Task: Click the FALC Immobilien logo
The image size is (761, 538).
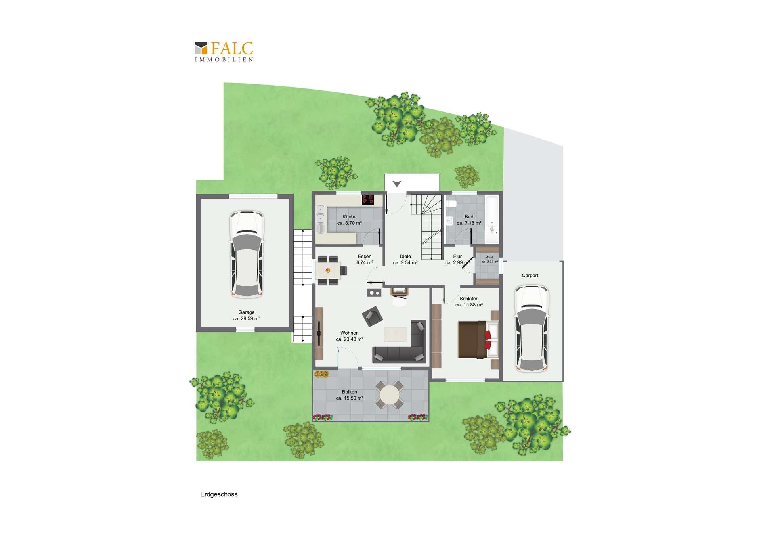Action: (x=224, y=52)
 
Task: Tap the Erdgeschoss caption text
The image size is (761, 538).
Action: (x=219, y=494)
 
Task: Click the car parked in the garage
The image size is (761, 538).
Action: (x=247, y=254)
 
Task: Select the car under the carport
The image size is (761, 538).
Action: (x=532, y=329)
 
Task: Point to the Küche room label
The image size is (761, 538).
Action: (x=350, y=217)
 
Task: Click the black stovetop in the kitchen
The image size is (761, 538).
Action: (x=368, y=199)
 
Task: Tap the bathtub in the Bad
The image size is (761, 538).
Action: (x=492, y=220)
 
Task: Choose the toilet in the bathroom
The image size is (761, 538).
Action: (x=451, y=204)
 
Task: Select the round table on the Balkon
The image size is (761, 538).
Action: (x=390, y=394)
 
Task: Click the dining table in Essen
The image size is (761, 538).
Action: (x=328, y=271)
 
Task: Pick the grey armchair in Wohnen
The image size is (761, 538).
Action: (x=372, y=316)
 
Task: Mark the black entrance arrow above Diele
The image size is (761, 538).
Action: (x=397, y=184)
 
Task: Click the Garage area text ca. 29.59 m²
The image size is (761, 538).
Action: (x=247, y=318)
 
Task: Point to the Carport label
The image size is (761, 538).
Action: (x=530, y=276)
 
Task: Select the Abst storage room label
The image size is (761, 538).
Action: (x=489, y=257)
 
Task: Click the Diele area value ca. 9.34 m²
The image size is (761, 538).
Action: (x=405, y=262)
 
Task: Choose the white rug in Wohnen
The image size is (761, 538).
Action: (x=395, y=334)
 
